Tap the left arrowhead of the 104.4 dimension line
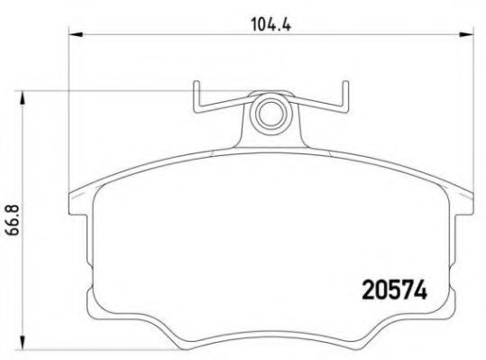[74, 34]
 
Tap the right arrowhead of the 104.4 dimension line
[467, 34]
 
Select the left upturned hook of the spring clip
[197, 98]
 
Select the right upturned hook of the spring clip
[343, 98]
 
